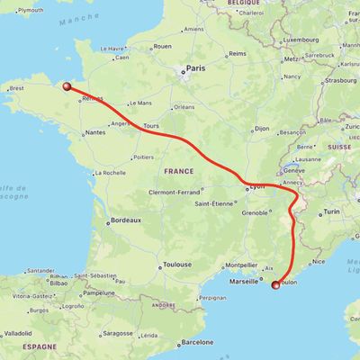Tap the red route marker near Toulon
point(275,284)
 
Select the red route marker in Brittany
point(66,86)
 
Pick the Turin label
point(332,211)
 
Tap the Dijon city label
point(261,129)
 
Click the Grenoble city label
point(255,213)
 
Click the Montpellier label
point(240,265)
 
